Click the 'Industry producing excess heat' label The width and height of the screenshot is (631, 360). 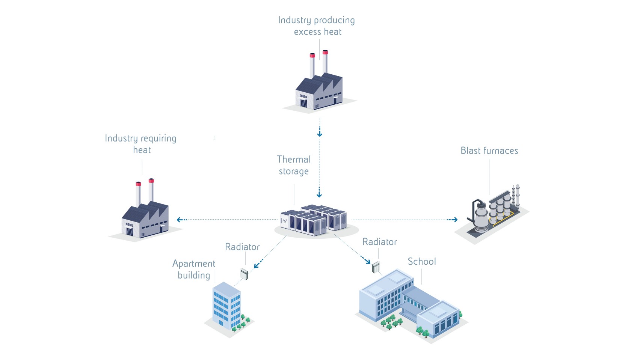click(x=316, y=26)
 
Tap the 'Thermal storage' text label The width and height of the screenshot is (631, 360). click(x=294, y=165)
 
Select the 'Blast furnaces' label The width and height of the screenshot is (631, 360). click(x=489, y=151)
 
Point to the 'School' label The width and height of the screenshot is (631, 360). click(x=422, y=261)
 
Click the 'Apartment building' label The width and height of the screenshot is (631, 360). click(x=194, y=269)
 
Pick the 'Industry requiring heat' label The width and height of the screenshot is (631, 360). click(x=140, y=144)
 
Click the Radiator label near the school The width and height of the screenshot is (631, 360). click(x=379, y=242)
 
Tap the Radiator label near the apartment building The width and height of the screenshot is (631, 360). click(x=242, y=247)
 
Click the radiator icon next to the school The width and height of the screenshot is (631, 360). click(x=376, y=267)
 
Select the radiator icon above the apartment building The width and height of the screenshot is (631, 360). click(x=245, y=274)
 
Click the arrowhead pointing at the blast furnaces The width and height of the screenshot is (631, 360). click(x=455, y=220)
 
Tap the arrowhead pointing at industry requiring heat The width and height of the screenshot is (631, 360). click(x=180, y=220)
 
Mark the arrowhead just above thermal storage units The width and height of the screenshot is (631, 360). click(x=319, y=195)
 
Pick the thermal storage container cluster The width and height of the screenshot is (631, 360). click(x=314, y=220)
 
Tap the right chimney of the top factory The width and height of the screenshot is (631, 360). click(x=325, y=62)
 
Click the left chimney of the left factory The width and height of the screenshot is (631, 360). click(x=138, y=194)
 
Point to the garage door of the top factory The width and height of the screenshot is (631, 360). click(x=303, y=102)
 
